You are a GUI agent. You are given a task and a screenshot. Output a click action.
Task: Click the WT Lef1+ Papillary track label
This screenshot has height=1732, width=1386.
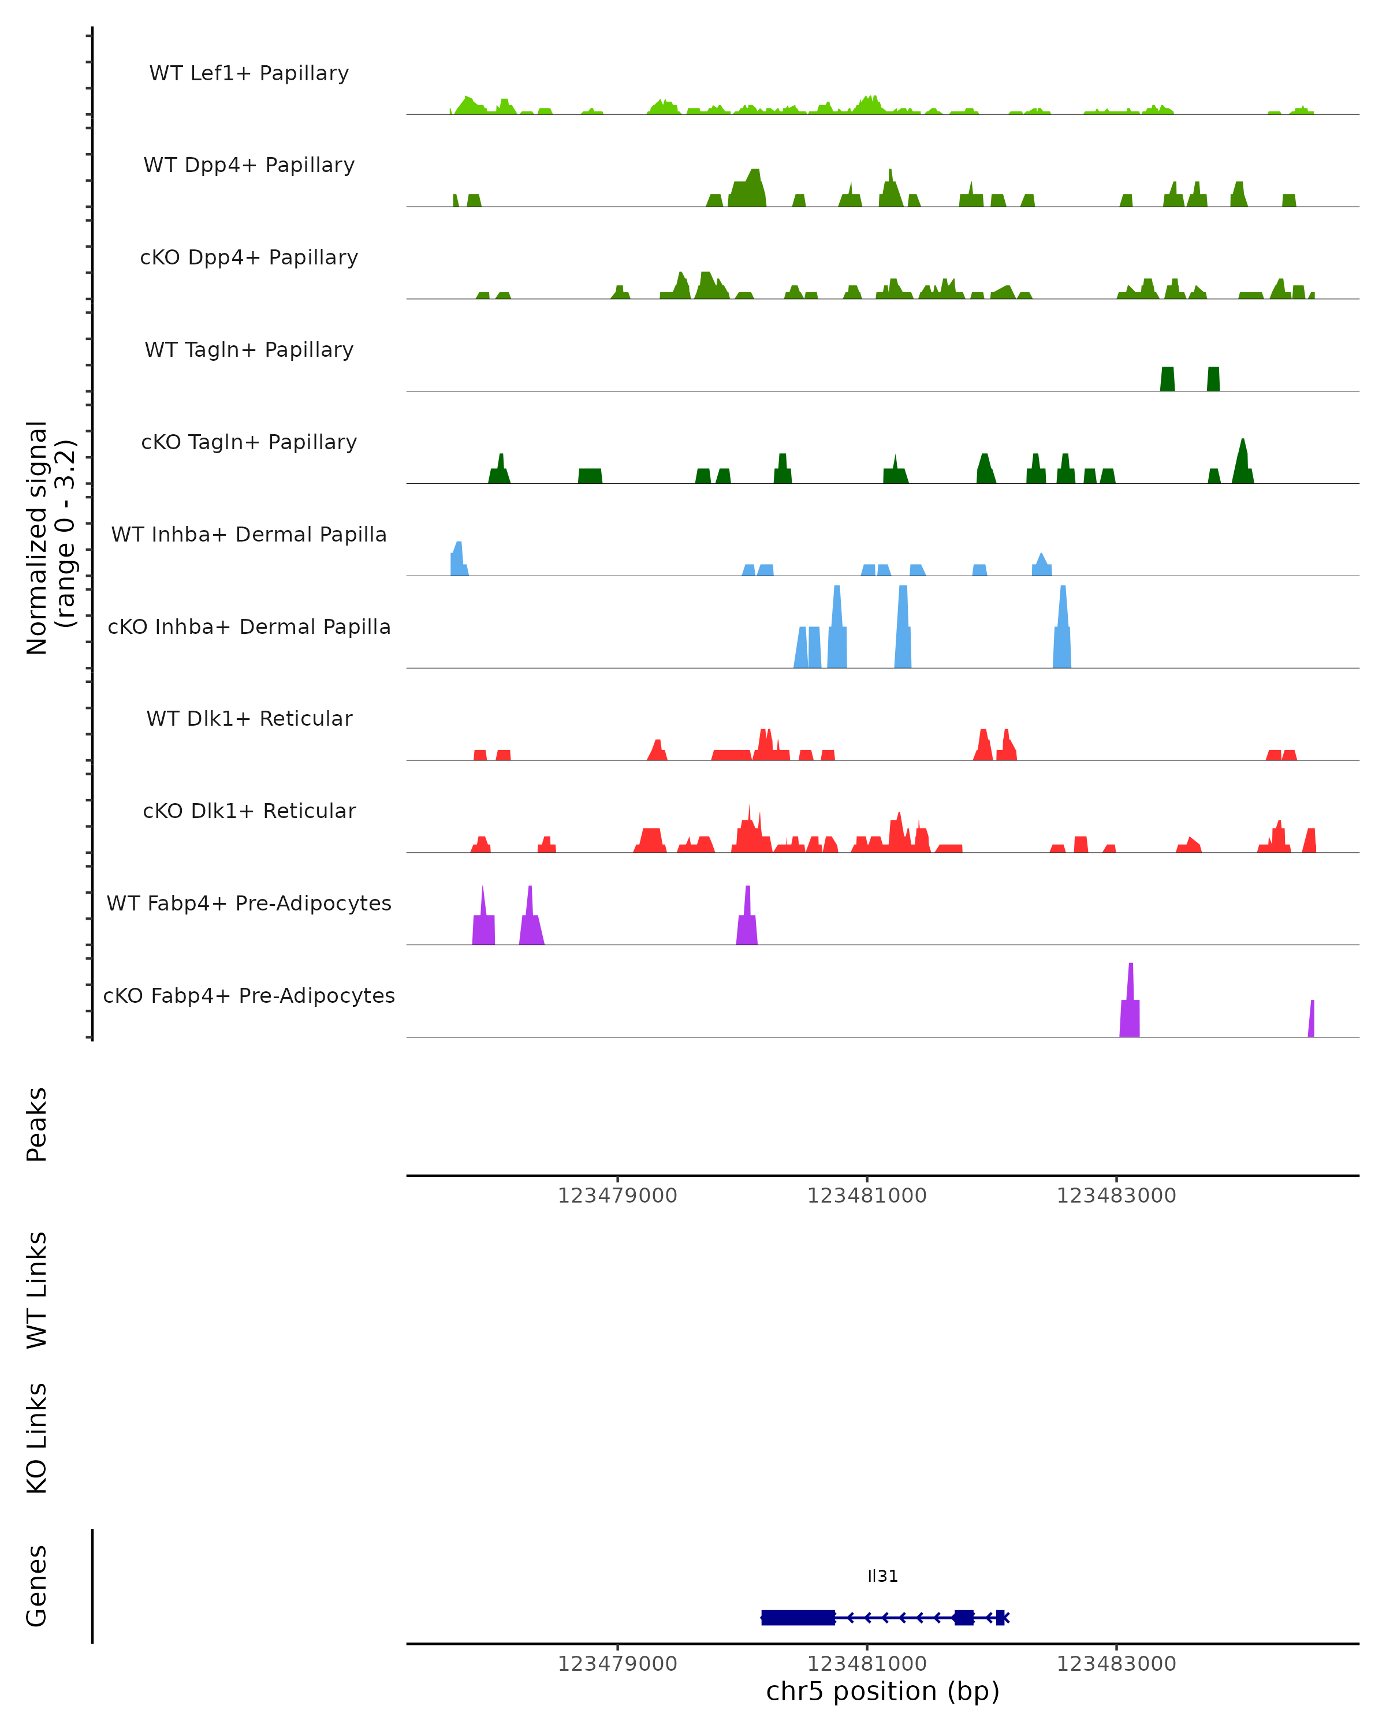point(249,74)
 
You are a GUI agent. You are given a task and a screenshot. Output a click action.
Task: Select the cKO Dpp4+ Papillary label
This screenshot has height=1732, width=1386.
point(249,258)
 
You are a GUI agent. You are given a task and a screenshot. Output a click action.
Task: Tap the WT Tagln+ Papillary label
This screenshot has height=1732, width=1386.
point(249,350)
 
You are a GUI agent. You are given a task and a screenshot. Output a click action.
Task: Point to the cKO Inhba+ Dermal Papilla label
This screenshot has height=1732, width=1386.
point(249,628)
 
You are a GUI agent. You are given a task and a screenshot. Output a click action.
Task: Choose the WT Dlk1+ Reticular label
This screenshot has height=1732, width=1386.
point(249,719)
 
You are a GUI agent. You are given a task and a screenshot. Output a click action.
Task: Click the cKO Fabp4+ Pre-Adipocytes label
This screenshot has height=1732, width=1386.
point(249,996)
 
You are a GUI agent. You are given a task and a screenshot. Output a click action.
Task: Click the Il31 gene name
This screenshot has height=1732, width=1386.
point(882,1576)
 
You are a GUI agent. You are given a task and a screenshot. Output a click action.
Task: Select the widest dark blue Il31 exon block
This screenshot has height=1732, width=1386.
point(798,1617)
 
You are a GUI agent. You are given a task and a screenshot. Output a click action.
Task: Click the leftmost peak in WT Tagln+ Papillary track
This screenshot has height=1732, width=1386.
point(1167,379)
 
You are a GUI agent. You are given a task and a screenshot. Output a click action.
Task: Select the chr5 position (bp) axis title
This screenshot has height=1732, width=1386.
point(882,1692)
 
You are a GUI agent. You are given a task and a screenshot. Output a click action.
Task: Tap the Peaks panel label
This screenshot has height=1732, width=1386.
point(37,1125)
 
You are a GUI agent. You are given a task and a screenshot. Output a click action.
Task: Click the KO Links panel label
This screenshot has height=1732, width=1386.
point(37,1439)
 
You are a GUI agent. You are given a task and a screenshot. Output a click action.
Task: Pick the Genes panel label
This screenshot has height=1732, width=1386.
point(37,1586)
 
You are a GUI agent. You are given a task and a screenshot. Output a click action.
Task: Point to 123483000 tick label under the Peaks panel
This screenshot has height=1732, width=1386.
point(1116,1196)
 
